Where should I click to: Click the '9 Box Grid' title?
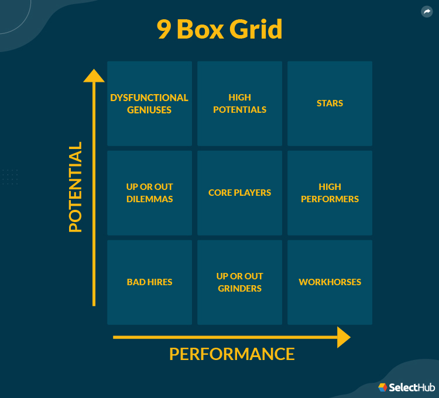point(220,30)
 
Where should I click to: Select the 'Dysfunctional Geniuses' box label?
point(149,103)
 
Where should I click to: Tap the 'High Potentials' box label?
point(239,103)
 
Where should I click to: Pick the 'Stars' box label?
point(330,103)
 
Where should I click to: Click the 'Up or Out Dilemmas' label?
point(149,193)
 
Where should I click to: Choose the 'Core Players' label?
point(239,193)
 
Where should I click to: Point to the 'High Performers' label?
point(330,193)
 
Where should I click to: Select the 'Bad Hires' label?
point(149,282)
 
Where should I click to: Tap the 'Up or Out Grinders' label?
point(239,282)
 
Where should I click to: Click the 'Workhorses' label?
point(330,282)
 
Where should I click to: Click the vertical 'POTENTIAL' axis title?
point(76,187)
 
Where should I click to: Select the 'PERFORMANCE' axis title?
point(232,354)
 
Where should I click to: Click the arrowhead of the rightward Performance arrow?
point(344,337)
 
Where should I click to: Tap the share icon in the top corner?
point(426,12)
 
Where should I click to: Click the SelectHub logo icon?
point(382,387)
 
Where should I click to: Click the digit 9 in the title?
point(164,30)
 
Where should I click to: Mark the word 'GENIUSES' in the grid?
point(149,110)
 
